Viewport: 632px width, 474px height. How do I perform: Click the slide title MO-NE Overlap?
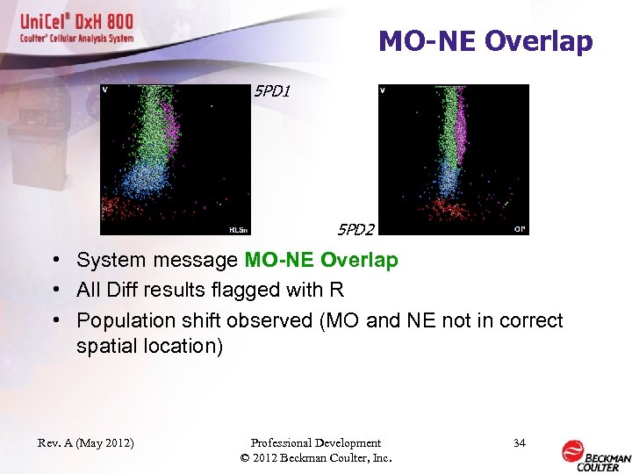tap(485, 41)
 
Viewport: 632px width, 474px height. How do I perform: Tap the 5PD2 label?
tap(356, 230)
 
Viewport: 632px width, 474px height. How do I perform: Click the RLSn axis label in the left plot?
tap(239, 230)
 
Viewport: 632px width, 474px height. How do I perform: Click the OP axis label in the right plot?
tap(520, 229)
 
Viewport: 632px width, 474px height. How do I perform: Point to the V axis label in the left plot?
tap(105, 90)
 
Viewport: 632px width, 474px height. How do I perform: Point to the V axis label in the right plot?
tap(384, 90)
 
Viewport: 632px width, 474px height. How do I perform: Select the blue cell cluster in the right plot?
tap(449, 180)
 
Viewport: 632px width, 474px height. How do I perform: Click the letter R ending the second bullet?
tap(336, 290)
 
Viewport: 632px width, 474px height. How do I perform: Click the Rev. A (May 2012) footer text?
tap(85, 443)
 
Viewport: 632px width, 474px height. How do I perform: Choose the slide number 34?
tap(519, 443)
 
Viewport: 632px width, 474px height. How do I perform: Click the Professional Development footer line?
tap(316, 443)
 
